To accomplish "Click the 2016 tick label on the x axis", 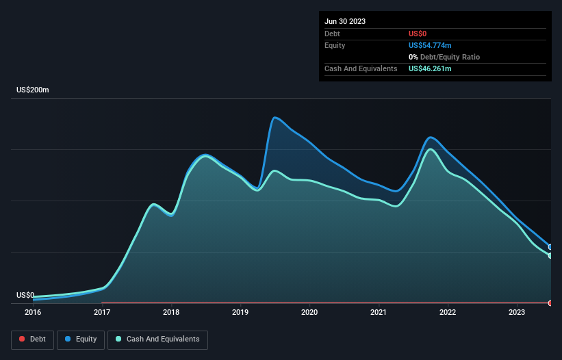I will click(33, 312).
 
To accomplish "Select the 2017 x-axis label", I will click(102, 312).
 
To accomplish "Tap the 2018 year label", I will click(171, 312).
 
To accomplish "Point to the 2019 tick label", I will click(240, 312).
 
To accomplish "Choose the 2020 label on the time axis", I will click(309, 312).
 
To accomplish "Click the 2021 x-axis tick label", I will click(379, 312).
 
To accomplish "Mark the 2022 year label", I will click(448, 312).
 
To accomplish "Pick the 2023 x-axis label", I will click(517, 312).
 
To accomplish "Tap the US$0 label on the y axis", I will click(25, 295).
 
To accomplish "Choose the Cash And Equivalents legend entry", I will click(157, 339).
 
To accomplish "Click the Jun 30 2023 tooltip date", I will click(345, 21).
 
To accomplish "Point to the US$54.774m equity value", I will click(430, 45).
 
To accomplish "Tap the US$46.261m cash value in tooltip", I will click(430, 68).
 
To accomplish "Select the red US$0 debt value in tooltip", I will click(418, 34).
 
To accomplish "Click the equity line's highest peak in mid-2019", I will click(274, 118).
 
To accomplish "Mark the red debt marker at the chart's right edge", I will click(550, 303).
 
